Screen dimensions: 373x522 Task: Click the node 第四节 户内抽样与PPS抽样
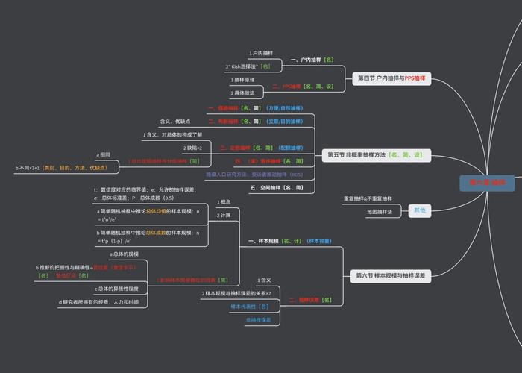pos(390,78)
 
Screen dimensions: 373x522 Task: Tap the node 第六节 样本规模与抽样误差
pos(389,275)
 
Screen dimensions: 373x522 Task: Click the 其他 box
pos(420,211)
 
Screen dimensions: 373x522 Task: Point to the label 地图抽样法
pos(380,212)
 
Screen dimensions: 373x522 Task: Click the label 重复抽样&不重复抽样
pos(368,199)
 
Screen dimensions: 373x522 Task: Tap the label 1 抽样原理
pos(243,80)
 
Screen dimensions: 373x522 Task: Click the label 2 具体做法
pos(243,93)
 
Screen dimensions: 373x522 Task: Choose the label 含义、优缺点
pos(175,121)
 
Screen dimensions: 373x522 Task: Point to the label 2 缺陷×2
pos(192,148)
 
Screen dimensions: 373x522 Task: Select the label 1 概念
pos(224,201)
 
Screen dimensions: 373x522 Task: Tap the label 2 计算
pos(224,215)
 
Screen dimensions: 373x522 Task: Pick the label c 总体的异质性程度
pos(117,289)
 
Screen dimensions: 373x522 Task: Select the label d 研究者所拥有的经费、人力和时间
pos(99,302)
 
